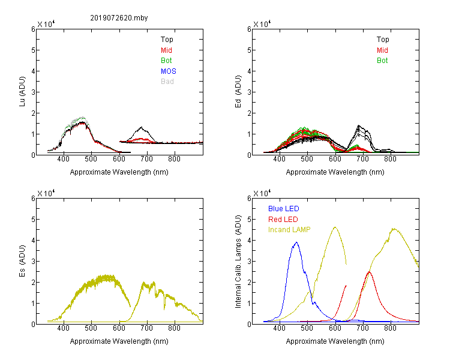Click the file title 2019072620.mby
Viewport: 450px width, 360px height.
click(x=119, y=18)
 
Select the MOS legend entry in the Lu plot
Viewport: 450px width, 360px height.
click(x=169, y=71)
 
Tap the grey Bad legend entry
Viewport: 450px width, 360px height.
click(x=167, y=82)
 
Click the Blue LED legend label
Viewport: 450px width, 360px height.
click(x=284, y=209)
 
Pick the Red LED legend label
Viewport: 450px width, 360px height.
click(x=283, y=220)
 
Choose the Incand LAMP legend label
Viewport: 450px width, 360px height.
click(x=289, y=230)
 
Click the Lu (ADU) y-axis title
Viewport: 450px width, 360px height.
click(x=22, y=92)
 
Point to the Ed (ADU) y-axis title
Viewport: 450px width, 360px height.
click(x=238, y=92)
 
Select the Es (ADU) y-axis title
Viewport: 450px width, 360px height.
click(x=22, y=260)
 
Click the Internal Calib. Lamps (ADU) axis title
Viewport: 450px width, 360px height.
click(x=238, y=262)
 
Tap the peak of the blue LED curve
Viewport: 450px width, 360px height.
click(x=296, y=242)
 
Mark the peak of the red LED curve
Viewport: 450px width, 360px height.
click(x=369, y=272)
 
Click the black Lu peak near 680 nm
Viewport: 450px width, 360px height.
click(x=141, y=127)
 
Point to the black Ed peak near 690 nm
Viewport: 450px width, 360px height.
click(x=359, y=125)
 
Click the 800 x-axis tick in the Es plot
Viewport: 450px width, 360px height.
click(x=174, y=328)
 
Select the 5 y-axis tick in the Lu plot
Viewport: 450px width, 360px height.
click(x=33, y=50)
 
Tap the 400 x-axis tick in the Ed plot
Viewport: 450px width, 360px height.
click(x=279, y=159)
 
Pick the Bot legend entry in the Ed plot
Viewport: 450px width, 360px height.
click(x=382, y=61)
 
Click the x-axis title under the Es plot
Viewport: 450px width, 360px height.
click(x=119, y=341)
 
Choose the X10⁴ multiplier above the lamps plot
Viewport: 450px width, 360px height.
click(x=262, y=193)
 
